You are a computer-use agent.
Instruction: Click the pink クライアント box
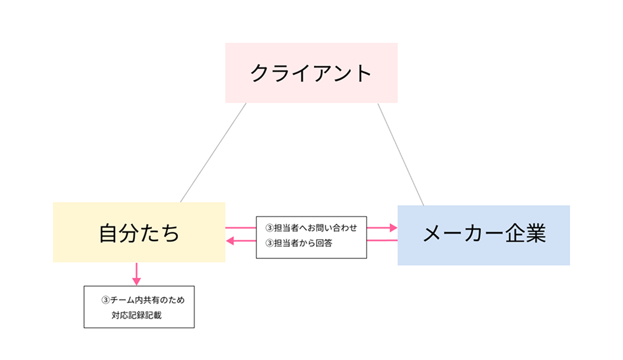point(311,73)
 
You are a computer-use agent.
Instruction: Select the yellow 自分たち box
point(139,232)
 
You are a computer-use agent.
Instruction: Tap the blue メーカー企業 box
point(483,235)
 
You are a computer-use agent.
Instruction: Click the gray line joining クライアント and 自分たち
point(213,153)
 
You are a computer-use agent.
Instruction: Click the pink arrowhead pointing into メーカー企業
point(392,227)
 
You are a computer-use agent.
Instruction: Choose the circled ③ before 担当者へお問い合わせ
point(268,227)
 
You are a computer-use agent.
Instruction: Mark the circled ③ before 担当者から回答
point(268,242)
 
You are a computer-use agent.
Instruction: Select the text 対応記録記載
point(136,315)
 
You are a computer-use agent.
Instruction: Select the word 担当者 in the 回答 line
point(285,242)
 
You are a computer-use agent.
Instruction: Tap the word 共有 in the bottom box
point(152,299)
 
